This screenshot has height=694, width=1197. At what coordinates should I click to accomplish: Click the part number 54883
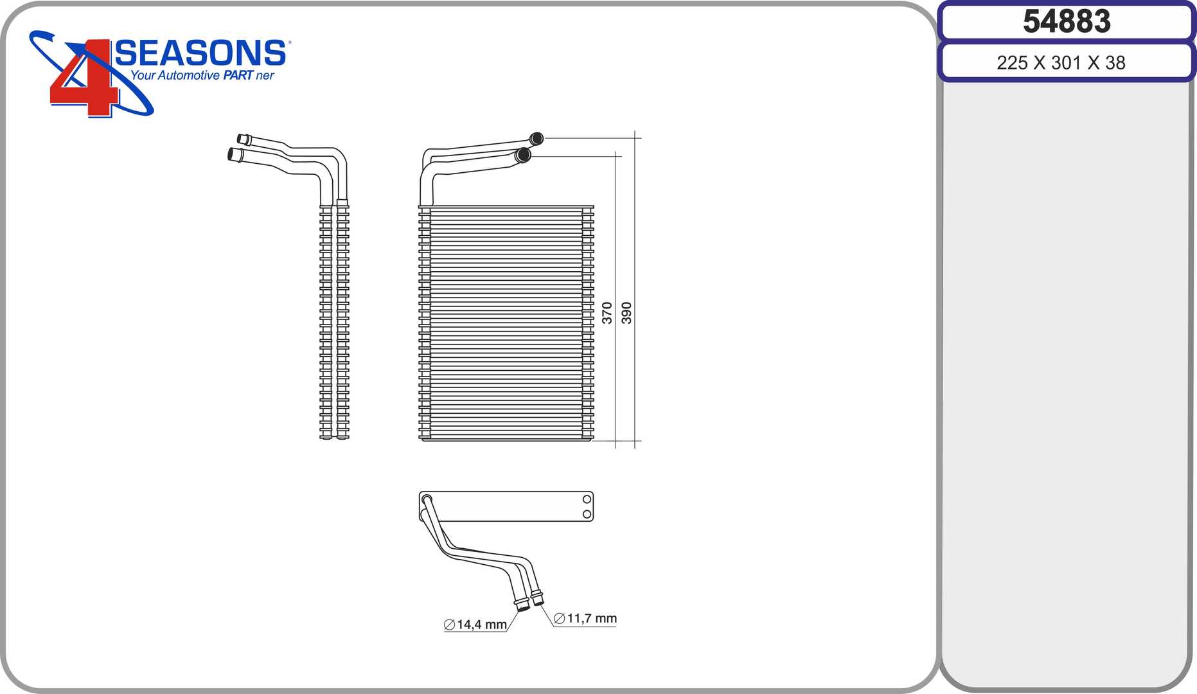[1067, 21]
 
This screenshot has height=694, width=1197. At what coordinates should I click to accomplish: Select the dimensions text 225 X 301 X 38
[1061, 63]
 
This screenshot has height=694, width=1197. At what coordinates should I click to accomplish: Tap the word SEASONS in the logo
[200, 53]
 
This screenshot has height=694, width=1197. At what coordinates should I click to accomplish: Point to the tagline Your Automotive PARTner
[202, 75]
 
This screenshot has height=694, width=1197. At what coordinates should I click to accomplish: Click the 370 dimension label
[607, 313]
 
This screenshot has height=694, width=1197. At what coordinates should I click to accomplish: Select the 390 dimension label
[626, 313]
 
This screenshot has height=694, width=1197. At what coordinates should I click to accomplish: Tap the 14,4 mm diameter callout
[475, 625]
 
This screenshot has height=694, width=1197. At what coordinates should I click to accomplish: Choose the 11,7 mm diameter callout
[585, 618]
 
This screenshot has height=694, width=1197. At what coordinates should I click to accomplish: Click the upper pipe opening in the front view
[536, 138]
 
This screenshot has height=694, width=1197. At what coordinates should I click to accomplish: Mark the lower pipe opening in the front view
[523, 155]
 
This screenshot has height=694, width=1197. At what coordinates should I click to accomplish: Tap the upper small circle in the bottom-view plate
[587, 499]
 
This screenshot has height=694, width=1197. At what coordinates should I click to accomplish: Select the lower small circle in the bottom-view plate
[587, 514]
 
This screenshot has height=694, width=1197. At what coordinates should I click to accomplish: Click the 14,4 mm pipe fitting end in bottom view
[522, 605]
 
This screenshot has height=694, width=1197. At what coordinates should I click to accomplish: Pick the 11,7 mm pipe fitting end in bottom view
[538, 599]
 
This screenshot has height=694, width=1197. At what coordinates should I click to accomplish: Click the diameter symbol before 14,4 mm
[449, 625]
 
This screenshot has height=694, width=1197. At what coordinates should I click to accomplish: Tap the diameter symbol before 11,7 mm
[559, 618]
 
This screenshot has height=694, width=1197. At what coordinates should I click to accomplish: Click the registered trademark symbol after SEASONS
[289, 42]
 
